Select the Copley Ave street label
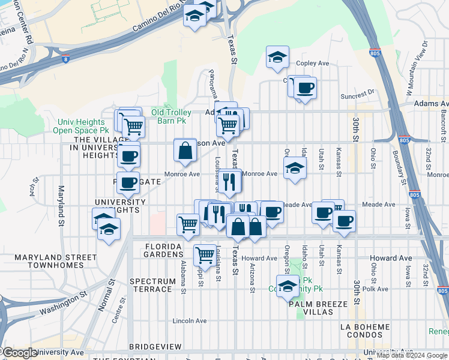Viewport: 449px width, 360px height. click(x=313, y=63)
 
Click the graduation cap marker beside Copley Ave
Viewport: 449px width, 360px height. click(x=278, y=58)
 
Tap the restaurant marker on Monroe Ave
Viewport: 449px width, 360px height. click(x=228, y=182)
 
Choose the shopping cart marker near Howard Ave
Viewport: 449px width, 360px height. click(x=205, y=255)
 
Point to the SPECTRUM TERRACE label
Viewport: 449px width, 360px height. click(x=152, y=285)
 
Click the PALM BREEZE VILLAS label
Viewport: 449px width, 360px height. click(x=318, y=308)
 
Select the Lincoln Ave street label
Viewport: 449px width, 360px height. click(x=190, y=321)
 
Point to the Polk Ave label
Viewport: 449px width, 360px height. click(x=379, y=289)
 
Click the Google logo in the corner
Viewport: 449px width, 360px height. click(x=19, y=353)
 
